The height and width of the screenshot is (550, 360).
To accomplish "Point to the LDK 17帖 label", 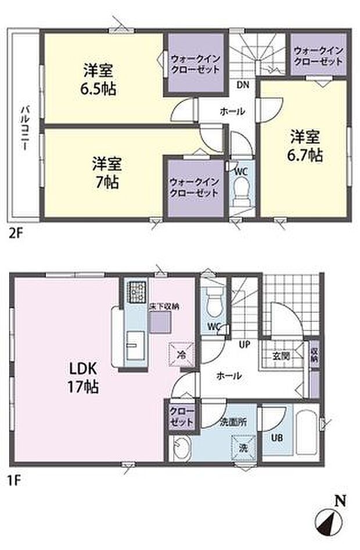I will pyautogui.click(x=84, y=377).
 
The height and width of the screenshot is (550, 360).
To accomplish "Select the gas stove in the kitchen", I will pyautogui.click(x=138, y=290).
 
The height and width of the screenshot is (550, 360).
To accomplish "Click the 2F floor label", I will pyautogui.click(x=15, y=235).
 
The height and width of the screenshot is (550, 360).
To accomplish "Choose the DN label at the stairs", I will pyautogui.click(x=242, y=85).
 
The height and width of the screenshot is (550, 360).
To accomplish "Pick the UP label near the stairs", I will pyautogui.click(x=244, y=344).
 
